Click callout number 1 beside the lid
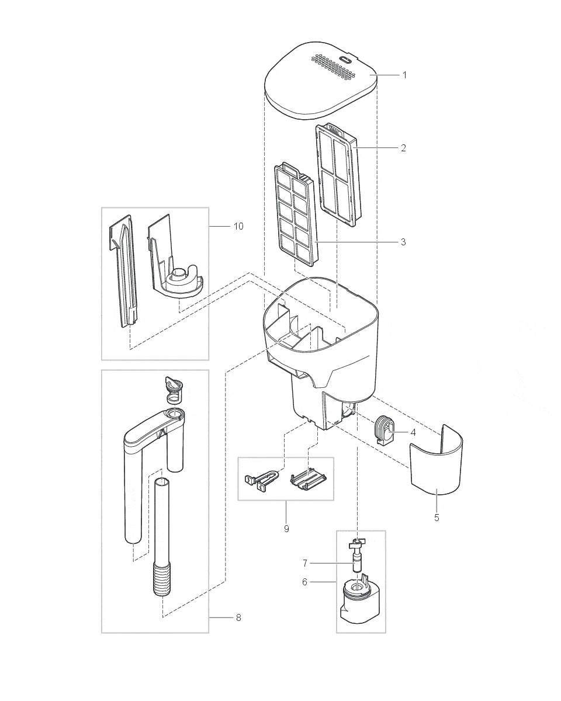click(403, 75)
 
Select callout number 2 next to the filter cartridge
click(403, 148)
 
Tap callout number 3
click(403, 242)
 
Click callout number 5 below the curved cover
click(437, 518)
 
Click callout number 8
click(238, 617)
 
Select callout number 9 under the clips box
click(286, 529)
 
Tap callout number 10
click(238, 226)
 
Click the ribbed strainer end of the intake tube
click(161, 578)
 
